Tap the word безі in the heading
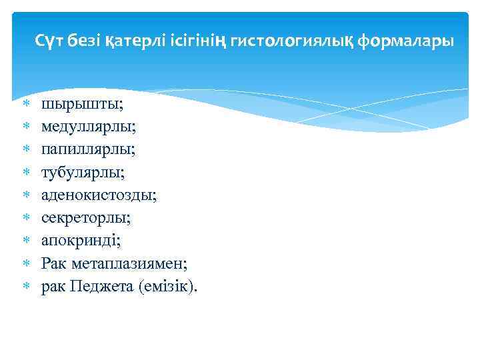click(83, 42)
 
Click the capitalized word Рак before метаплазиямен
click(53, 263)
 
